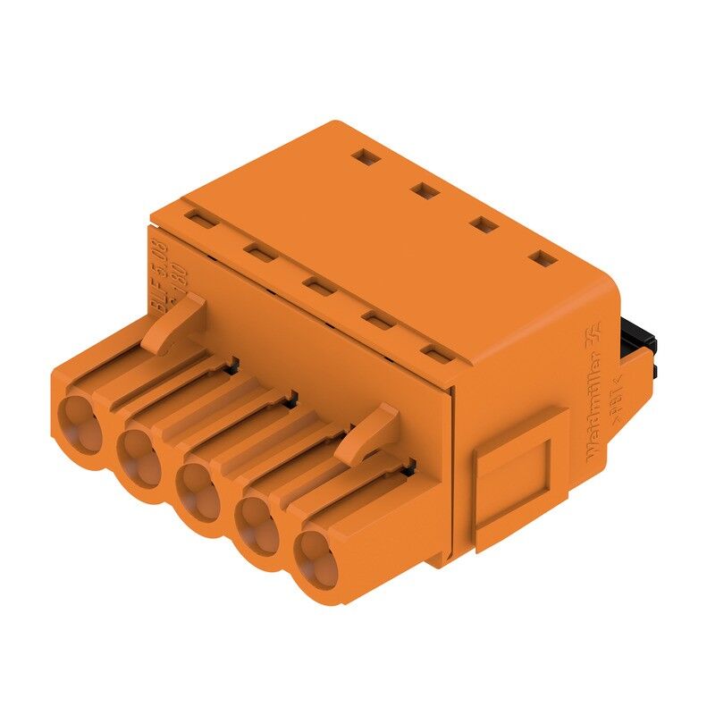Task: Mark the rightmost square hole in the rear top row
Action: [x=543, y=259]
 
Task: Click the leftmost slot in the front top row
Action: [x=198, y=218]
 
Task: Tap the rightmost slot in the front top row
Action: [x=435, y=355]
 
